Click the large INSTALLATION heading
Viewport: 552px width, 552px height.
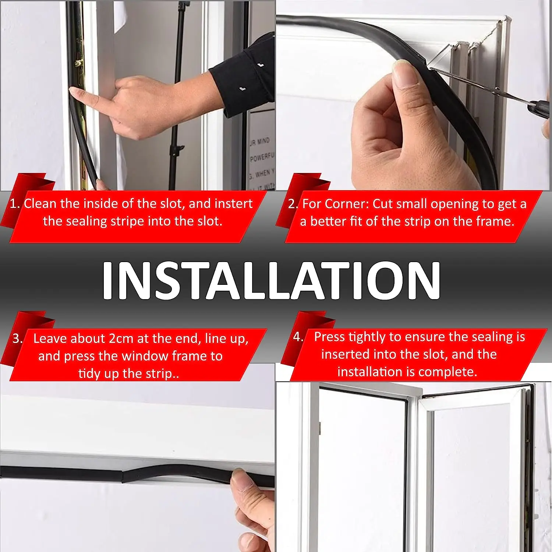tap(271, 280)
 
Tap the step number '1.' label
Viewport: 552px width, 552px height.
tap(15, 204)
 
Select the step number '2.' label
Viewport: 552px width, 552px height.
tap(293, 204)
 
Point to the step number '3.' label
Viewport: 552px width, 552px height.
tap(17, 339)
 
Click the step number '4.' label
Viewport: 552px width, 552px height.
tap(298, 337)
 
